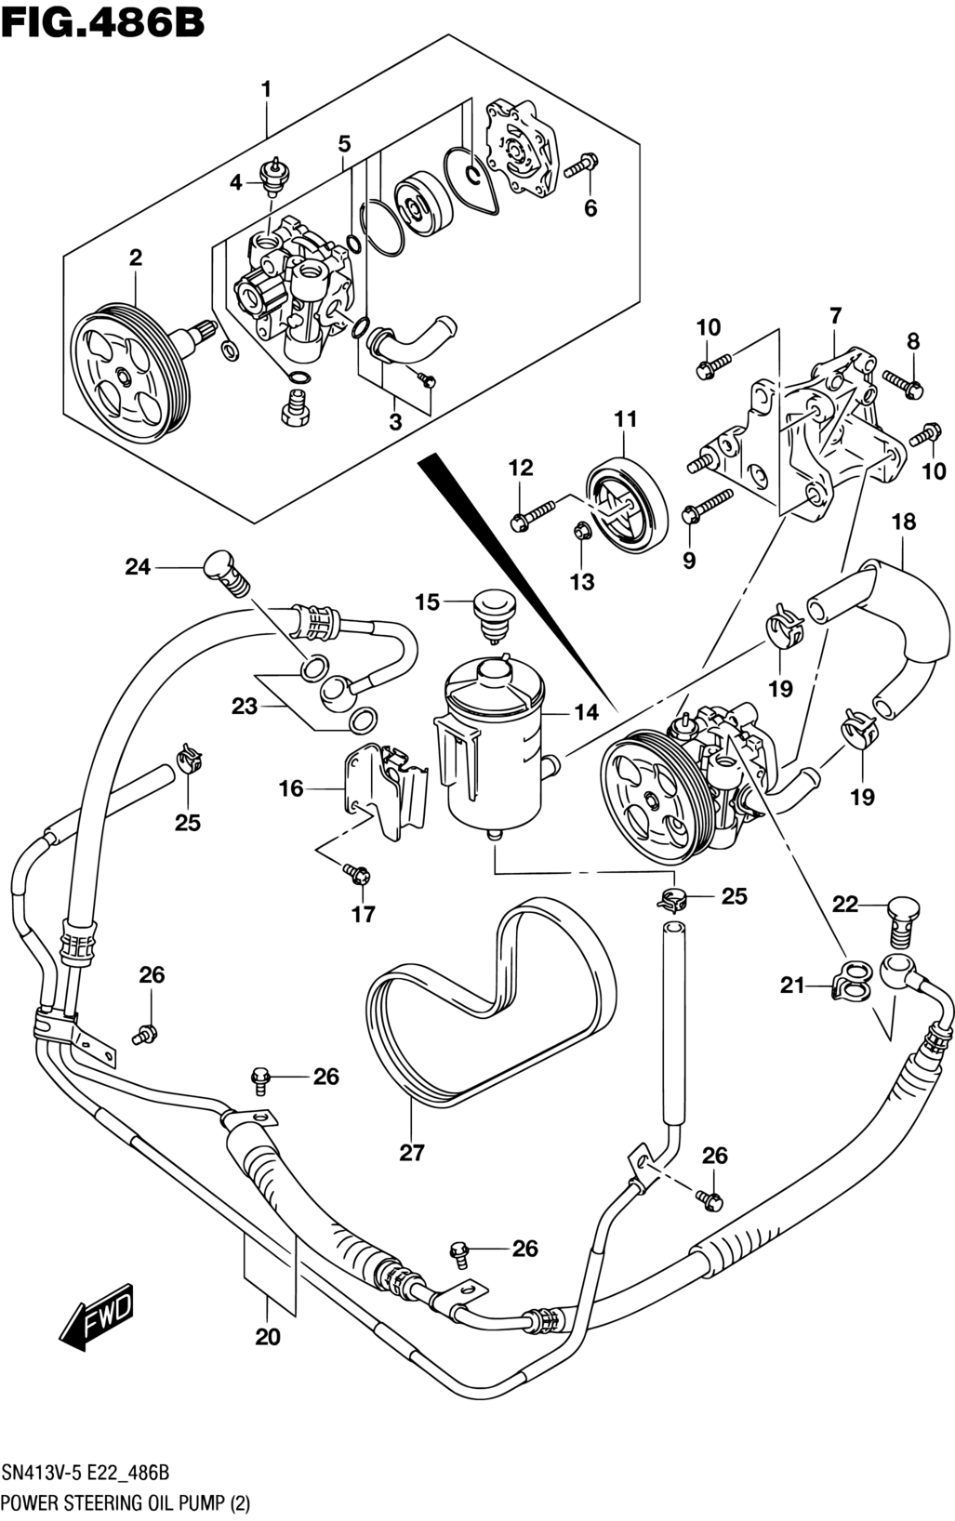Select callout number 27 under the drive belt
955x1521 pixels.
[412, 1153]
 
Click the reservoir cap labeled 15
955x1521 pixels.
[489, 614]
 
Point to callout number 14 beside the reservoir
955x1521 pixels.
[586, 712]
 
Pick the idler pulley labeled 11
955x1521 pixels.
[626, 507]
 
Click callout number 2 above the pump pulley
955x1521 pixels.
[136, 258]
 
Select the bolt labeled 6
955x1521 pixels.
[581, 165]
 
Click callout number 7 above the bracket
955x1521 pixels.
[834, 315]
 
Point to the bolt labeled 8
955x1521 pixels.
[901, 383]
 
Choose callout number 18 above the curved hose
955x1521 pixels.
[904, 522]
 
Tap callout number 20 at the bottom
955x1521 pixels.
[268, 1337]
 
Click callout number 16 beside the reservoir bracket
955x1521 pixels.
[291, 788]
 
